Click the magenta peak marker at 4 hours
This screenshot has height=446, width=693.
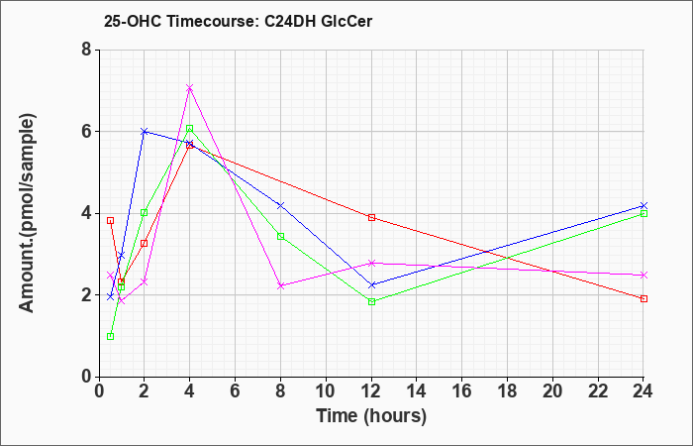pyautogui.click(x=190, y=88)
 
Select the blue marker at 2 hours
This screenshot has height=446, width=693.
pyautogui.click(x=145, y=132)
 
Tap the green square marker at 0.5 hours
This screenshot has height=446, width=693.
pyautogui.click(x=111, y=336)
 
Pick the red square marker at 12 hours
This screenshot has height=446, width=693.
pyautogui.click(x=371, y=217)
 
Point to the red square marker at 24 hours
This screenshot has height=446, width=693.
pyautogui.click(x=643, y=298)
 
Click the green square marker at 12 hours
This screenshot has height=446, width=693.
pyautogui.click(x=371, y=301)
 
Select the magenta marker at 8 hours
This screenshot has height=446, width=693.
pyautogui.click(x=280, y=285)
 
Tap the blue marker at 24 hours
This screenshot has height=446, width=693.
pyautogui.click(x=643, y=206)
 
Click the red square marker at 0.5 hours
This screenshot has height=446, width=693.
pyautogui.click(x=111, y=220)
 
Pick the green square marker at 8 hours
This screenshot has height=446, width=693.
pyautogui.click(x=280, y=236)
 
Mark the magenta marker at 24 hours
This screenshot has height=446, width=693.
pyautogui.click(x=643, y=276)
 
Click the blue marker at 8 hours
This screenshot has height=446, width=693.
pyautogui.click(x=280, y=206)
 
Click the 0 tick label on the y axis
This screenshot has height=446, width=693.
pyautogui.click(x=87, y=377)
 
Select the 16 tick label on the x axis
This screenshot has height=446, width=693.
pyautogui.click(x=462, y=391)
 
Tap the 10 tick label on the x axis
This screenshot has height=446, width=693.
pyautogui.click(x=326, y=391)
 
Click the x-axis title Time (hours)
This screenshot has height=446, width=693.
pyautogui.click(x=371, y=416)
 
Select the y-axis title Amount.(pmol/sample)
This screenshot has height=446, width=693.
pyautogui.click(x=27, y=213)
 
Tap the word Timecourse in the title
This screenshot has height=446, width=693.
pyautogui.click(x=213, y=21)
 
